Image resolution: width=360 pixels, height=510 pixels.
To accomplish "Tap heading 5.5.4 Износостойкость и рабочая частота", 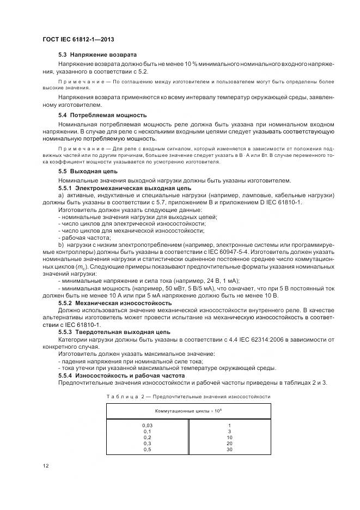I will click(123, 376).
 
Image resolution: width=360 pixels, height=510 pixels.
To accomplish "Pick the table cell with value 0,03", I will click(147, 425).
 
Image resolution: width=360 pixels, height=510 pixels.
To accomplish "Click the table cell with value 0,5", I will click(147, 450).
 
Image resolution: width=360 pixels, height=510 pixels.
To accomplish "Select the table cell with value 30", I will click(229, 450).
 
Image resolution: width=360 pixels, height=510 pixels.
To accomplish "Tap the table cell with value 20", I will click(229, 444).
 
